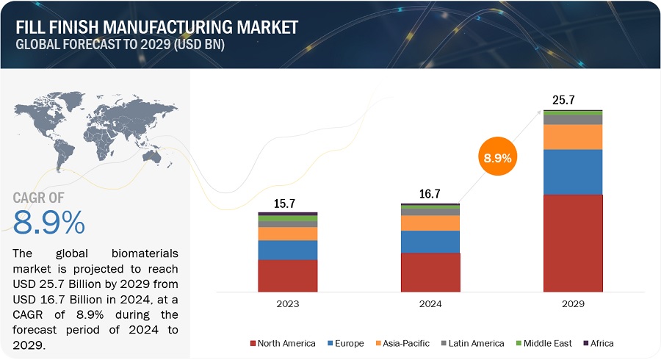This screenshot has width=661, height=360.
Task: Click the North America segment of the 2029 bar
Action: (x=573, y=242)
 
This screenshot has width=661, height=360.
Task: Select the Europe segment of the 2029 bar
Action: (x=573, y=172)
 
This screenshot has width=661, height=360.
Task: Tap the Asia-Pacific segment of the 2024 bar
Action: (x=430, y=223)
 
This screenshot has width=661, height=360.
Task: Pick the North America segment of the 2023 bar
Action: (x=288, y=276)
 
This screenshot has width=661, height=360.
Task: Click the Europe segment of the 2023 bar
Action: (x=288, y=250)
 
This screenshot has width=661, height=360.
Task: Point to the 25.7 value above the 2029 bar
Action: (x=565, y=98)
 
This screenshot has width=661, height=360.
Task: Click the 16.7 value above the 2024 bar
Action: (x=430, y=194)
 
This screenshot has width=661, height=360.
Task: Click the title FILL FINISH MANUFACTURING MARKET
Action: (x=156, y=27)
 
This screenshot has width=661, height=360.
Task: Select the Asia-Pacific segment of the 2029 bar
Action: (x=573, y=137)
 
